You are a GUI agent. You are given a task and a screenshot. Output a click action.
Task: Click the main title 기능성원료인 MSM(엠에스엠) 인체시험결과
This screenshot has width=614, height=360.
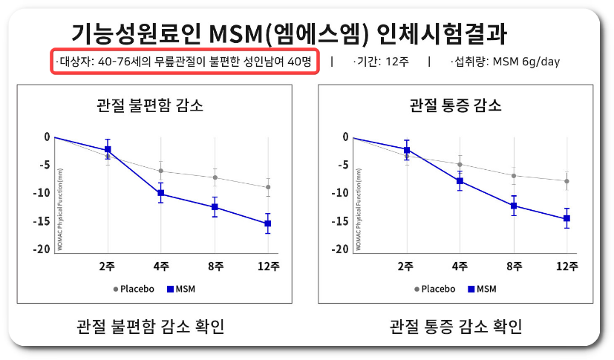pyautogui.click(x=290, y=33)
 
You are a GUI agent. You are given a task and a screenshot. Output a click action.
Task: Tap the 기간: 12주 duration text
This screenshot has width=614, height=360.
pyautogui.click(x=379, y=62)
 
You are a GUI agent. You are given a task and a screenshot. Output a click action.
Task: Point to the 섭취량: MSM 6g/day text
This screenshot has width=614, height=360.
pyautogui.click(x=505, y=62)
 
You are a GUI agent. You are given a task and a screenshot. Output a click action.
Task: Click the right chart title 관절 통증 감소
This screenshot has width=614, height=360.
pyautogui.click(x=455, y=105)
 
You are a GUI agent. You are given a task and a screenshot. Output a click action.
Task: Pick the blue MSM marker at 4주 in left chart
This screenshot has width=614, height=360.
pyautogui.click(x=161, y=193)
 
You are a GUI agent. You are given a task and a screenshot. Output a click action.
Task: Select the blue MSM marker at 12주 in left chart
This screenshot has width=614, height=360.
pyautogui.click(x=268, y=223)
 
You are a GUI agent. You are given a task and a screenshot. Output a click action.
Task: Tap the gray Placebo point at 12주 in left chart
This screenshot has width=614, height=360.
pyautogui.click(x=268, y=187)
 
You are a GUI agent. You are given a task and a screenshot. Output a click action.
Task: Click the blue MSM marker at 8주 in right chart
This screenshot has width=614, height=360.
pyautogui.click(x=513, y=206)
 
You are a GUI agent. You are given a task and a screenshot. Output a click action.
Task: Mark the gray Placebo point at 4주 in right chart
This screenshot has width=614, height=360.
pyautogui.click(x=460, y=164)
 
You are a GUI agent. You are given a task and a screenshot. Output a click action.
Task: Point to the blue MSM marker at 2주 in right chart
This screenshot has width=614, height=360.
pyautogui.click(x=406, y=150)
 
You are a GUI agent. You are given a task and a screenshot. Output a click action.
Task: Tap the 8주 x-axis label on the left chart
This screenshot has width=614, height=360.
pyautogui.click(x=215, y=266)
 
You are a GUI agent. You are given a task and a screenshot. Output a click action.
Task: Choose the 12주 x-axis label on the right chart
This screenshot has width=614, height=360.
pyautogui.click(x=566, y=266)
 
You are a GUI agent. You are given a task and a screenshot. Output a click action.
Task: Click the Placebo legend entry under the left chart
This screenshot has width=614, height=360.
pyautogui.click(x=134, y=289)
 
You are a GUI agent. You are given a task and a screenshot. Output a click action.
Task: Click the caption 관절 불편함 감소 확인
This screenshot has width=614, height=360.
pyautogui.click(x=151, y=327)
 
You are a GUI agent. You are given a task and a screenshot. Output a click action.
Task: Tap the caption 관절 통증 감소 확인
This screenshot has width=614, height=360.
pyautogui.click(x=455, y=327)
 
